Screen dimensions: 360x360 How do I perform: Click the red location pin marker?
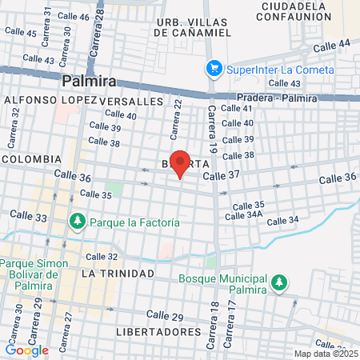180,163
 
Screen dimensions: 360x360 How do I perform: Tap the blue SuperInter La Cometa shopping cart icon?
213,69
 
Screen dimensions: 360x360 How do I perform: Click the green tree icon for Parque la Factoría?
78,220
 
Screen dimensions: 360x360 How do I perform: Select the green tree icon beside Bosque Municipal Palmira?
278,282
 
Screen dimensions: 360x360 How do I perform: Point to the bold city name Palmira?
89,81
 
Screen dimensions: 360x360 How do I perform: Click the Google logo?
26,350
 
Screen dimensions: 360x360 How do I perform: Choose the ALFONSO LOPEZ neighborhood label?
50,101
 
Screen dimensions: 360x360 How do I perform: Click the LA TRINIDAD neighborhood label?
118,274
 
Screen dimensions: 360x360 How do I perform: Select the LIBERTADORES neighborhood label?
158,331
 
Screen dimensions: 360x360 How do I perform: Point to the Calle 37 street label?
222,175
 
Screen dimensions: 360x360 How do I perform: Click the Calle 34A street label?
244,214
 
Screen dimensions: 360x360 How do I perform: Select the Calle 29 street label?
165,317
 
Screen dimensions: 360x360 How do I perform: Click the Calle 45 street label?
20,33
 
